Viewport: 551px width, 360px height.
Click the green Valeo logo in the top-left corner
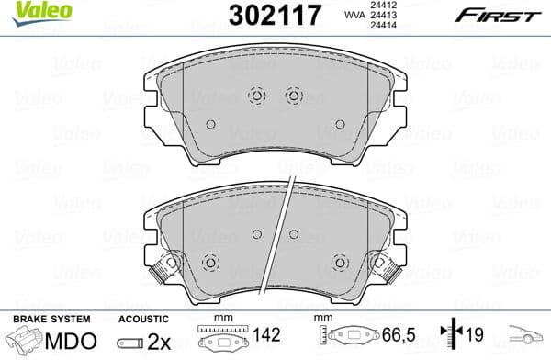[x=31, y=11]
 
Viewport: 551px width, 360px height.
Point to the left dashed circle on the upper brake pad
[x=257, y=95]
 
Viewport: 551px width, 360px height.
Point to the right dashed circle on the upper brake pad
[x=294, y=95]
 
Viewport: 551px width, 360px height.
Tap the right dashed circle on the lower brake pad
[x=342, y=262]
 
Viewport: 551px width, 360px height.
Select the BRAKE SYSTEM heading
[x=51, y=319]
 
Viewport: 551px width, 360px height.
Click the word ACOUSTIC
[x=141, y=319]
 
